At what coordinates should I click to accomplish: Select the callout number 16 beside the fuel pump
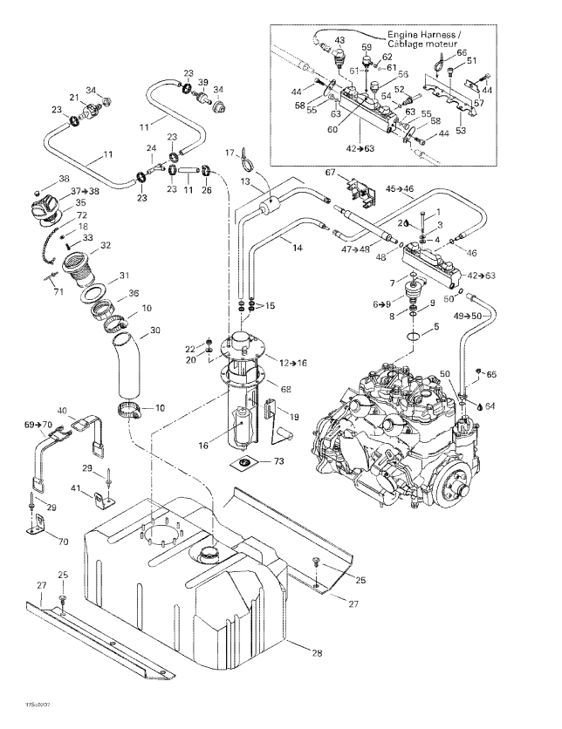pyautogui.click(x=202, y=445)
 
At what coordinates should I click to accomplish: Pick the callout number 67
pyautogui.click(x=332, y=173)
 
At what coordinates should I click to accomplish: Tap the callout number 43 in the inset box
pyautogui.click(x=339, y=41)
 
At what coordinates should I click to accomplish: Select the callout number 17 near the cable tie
pyautogui.click(x=231, y=153)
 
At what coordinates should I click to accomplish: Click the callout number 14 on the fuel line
pyautogui.click(x=298, y=249)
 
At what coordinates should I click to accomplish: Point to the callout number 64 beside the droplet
pyautogui.click(x=490, y=405)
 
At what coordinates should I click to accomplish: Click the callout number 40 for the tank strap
pyautogui.click(x=62, y=411)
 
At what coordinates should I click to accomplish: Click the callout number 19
pyautogui.click(x=296, y=417)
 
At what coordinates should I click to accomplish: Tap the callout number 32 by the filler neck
pyautogui.click(x=106, y=246)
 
